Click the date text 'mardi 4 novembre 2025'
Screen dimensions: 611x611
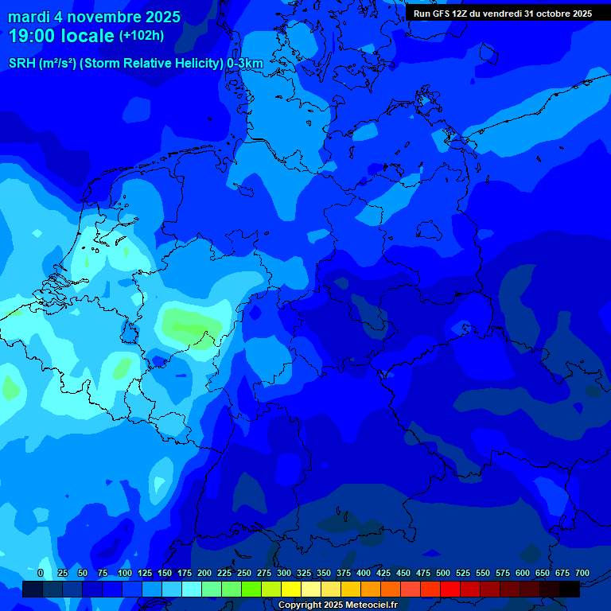pos(94,17)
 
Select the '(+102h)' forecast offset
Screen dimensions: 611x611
pos(142,36)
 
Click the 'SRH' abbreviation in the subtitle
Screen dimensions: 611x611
pos(22,64)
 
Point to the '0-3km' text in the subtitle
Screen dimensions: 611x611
pos(245,64)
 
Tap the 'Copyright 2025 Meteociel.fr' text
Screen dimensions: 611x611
pos(337,605)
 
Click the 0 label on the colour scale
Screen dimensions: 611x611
pos(41,573)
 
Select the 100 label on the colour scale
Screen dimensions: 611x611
pos(125,573)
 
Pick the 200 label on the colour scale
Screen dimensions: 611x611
pos(204,573)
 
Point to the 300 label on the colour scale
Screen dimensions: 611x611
pos(284,573)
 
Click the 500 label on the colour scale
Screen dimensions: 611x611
pos(443,573)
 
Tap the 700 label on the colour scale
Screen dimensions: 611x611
pos(582,573)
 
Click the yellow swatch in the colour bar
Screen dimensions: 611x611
pos(291,590)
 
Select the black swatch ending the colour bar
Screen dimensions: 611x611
pos(570,590)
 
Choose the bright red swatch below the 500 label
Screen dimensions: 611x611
pos(450,590)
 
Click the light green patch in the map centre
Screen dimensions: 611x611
pos(191,324)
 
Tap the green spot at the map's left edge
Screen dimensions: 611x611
pos(10,389)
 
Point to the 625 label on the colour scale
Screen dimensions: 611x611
pos(523,573)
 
